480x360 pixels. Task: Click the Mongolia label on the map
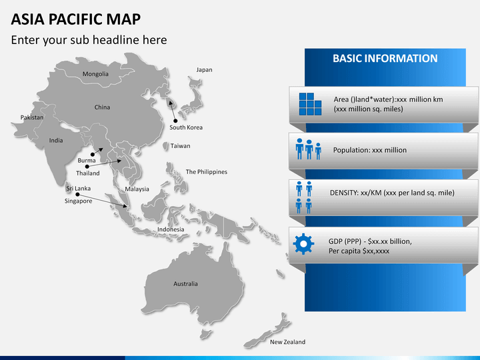(x=95, y=74)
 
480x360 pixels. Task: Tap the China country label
(x=102, y=107)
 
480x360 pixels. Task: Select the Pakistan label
(x=32, y=117)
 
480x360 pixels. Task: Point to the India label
(x=56, y=141)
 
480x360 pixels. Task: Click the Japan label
(x=204, y=70)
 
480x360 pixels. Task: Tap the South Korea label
(x=186, y=127)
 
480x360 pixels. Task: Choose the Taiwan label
(x=180, y=146)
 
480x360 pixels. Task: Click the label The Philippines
(x=207, y=172)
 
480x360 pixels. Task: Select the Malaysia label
(x=137, y=189)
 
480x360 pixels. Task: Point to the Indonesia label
(x=171, y=229)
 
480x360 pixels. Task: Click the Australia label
(x=185, y=284)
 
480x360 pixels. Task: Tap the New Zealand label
(x=288, y=342)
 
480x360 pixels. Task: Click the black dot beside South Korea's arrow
(x=175, y=121)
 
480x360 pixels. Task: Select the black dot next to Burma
(x=93, y=155)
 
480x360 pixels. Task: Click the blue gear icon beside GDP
(x=303, y=244)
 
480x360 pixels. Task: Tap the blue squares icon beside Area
(x=310, y=104)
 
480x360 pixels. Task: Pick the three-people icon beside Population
(x=309, y=149)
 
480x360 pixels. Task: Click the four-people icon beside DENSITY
(x=304, y=197)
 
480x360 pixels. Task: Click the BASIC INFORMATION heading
(x=385, y=59)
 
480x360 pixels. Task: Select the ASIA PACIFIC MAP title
(x=76, y=19)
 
